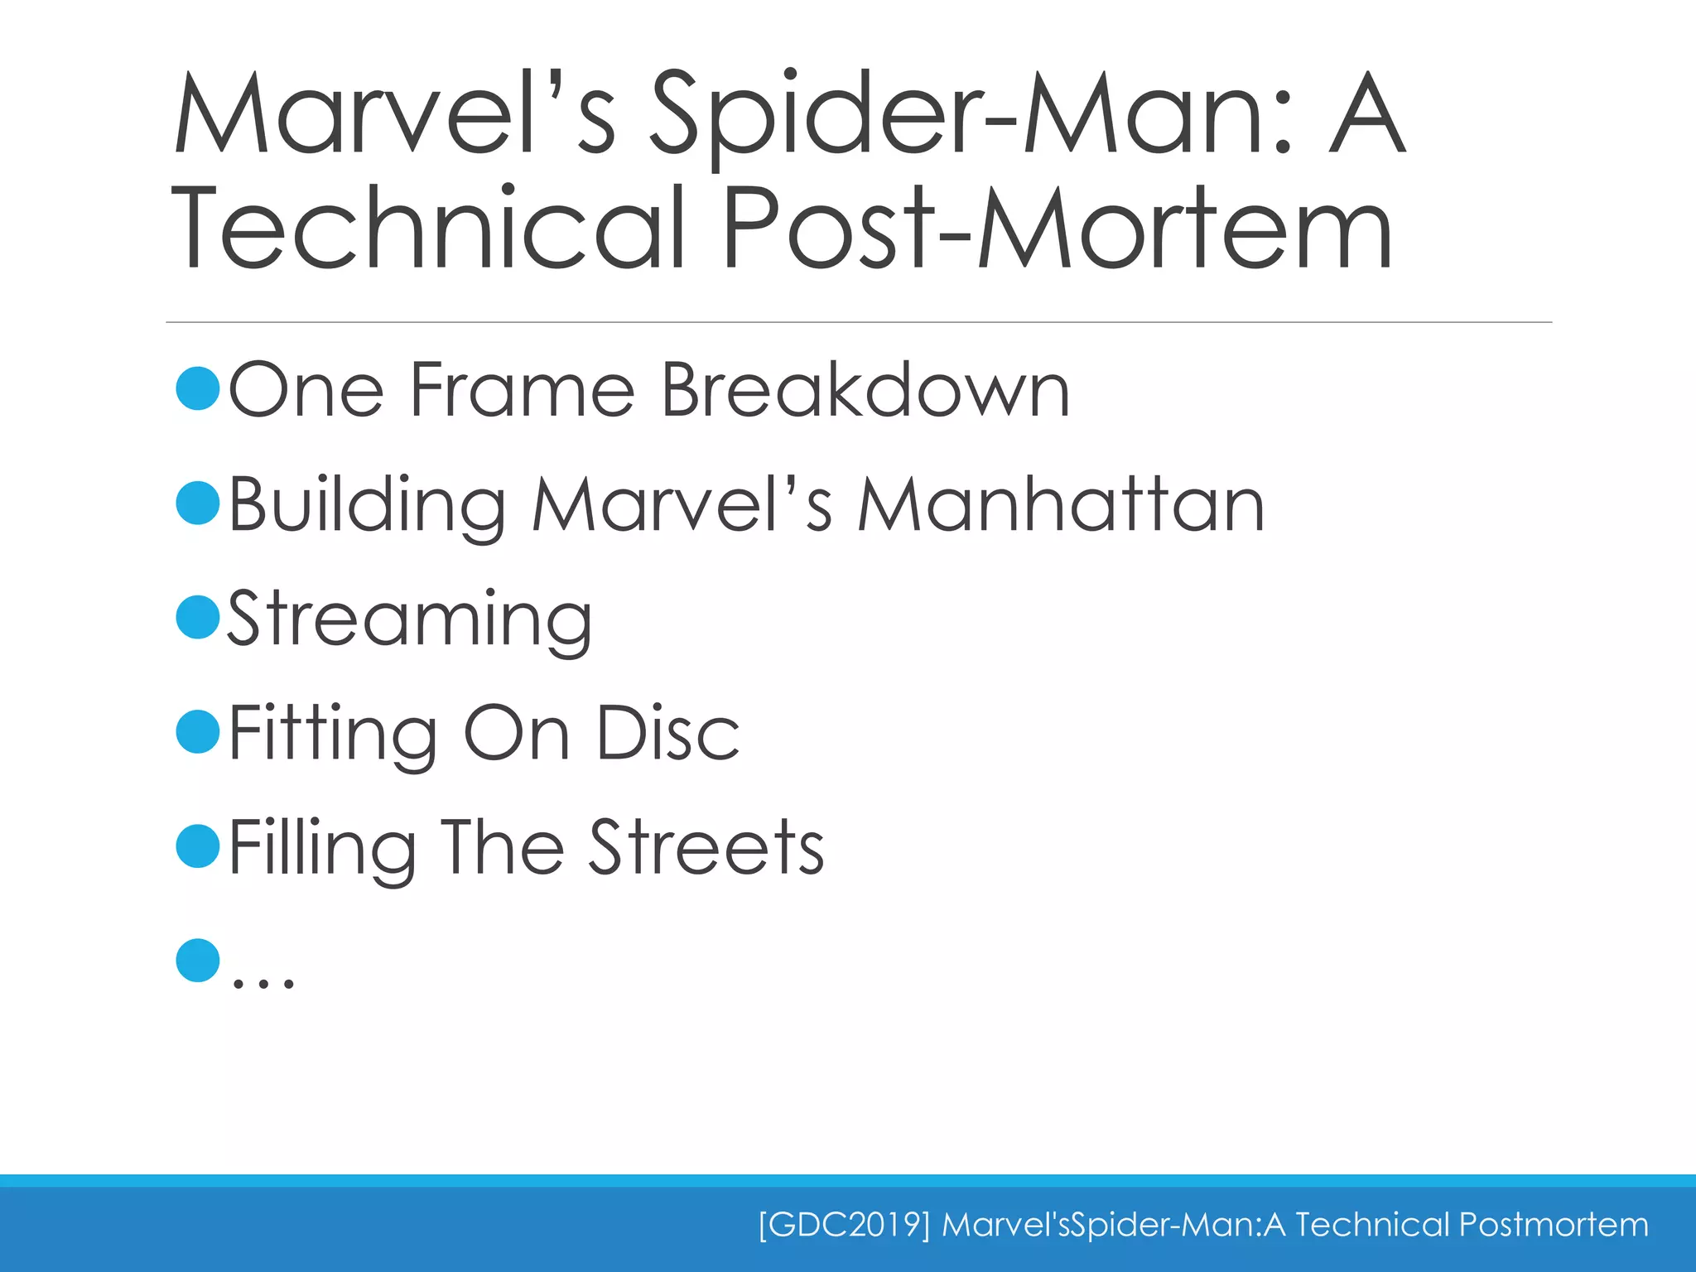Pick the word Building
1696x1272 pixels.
pos(367,505)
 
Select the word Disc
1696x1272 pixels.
pos(667,733)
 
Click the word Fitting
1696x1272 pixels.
pos(332,735)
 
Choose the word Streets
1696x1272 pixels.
pos(706,847)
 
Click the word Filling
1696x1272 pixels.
pos(322,849)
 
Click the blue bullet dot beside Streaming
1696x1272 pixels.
pos(198,617)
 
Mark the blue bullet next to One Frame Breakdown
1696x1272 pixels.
pos(198,388)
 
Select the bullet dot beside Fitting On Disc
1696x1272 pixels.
pos(198,731)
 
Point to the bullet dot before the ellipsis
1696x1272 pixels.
pos(198,961)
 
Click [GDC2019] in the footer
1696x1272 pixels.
pos(844,1224)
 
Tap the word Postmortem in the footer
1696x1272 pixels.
pos(1554,1224)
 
